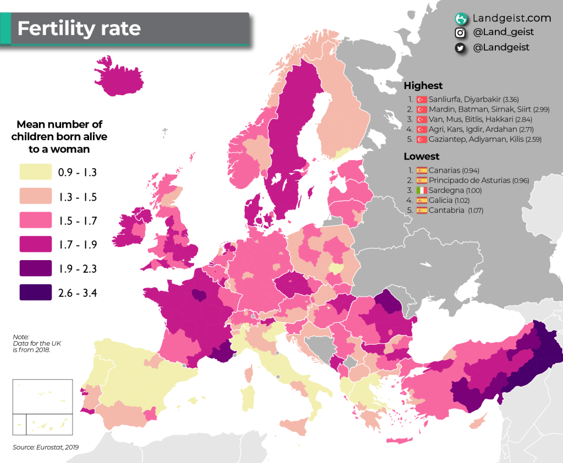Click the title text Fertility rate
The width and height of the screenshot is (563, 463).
point(79,28)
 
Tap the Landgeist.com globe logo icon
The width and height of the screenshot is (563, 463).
point(461,18)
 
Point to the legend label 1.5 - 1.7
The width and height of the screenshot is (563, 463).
point(78,221)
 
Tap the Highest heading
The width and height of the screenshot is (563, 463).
point(423,86)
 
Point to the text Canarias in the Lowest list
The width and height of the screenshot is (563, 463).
point(445,170)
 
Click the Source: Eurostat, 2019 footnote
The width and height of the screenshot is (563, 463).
point(46,447)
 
